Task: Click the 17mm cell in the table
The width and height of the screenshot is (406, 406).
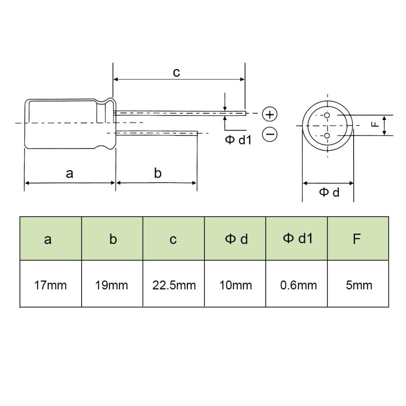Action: (51, 285)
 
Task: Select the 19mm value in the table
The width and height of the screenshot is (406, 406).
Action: (112, 285)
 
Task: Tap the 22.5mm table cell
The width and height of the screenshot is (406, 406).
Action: (174, 285)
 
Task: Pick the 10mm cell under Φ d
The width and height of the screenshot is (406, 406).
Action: (235, 285)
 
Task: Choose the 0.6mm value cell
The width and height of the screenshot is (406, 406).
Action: (297, 285)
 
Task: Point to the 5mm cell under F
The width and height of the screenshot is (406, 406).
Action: (358, 285)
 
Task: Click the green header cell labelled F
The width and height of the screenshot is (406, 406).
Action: (358, 239)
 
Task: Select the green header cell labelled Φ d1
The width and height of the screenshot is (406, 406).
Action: (297, 239)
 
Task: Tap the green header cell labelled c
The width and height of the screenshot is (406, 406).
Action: (174, 239)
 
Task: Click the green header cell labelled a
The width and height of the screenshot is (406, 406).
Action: (51, 239)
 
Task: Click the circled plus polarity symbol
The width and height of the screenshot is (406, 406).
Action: (269, 115)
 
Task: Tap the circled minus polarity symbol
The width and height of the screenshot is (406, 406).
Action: (269, 134)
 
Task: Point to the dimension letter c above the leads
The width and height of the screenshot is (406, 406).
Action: (177, 72)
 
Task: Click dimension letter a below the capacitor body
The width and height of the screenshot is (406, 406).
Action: (69, 173)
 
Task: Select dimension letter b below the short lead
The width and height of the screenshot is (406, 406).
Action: (157, 173)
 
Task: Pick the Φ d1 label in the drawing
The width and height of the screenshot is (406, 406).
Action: (238, 140)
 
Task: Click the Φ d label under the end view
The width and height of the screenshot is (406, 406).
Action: (329, 193)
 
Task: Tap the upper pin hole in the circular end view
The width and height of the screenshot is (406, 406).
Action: (328, 115)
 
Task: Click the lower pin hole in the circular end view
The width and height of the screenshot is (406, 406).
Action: (328, 135)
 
